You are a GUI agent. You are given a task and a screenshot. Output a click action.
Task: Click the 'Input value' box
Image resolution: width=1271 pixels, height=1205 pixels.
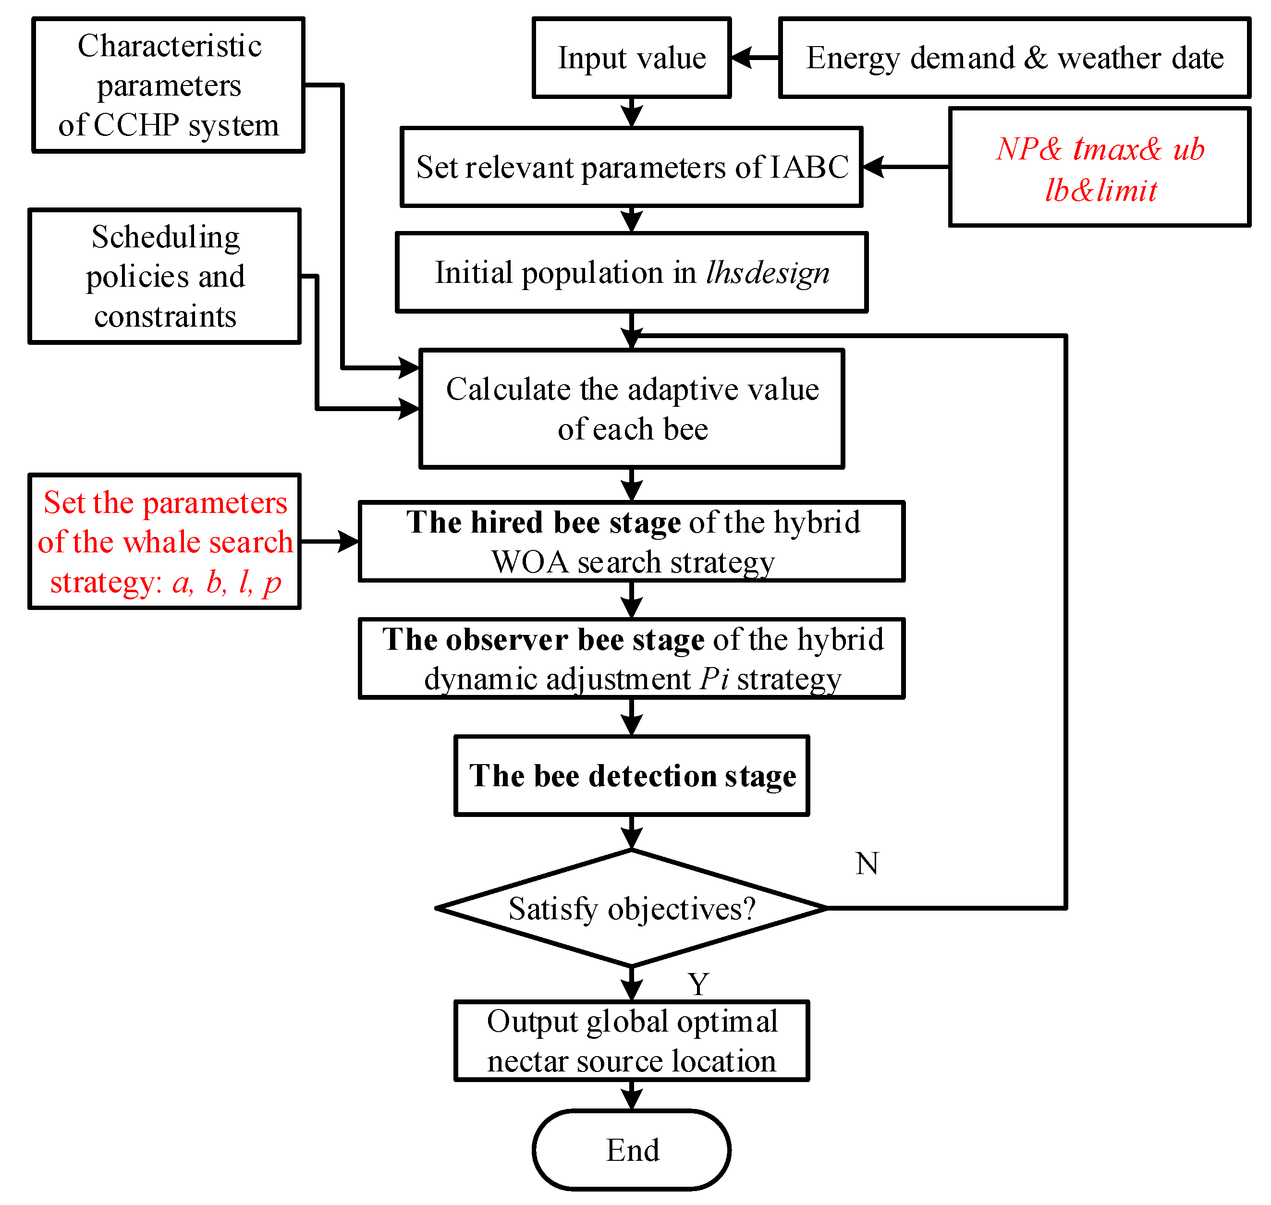click(631, 58)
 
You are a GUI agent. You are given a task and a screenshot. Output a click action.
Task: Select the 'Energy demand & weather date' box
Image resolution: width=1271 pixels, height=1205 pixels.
click(1014, 58)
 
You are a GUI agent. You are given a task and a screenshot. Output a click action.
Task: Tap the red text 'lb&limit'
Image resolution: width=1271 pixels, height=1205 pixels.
click(1101, 191)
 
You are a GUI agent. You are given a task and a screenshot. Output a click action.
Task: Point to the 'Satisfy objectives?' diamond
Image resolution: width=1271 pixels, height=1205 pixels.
click(631, 908)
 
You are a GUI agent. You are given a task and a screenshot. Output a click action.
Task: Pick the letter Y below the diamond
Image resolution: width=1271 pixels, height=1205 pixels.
click(698, 984)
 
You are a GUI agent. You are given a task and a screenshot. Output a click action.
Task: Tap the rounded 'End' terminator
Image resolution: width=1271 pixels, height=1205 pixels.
click(631, 1150)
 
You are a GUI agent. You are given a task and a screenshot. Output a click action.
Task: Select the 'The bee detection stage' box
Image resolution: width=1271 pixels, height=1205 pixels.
click(631, 776)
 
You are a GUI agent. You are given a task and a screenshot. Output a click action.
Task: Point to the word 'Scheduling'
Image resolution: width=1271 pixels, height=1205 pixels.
click(166, 237)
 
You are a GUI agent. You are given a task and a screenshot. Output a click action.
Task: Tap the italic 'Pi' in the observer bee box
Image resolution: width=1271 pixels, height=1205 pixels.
click(714, 679)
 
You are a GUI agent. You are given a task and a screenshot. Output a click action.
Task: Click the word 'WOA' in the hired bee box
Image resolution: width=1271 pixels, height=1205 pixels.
click(530, 562)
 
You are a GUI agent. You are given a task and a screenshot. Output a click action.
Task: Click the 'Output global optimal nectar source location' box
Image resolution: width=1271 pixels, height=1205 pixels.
click(631, 1041)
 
